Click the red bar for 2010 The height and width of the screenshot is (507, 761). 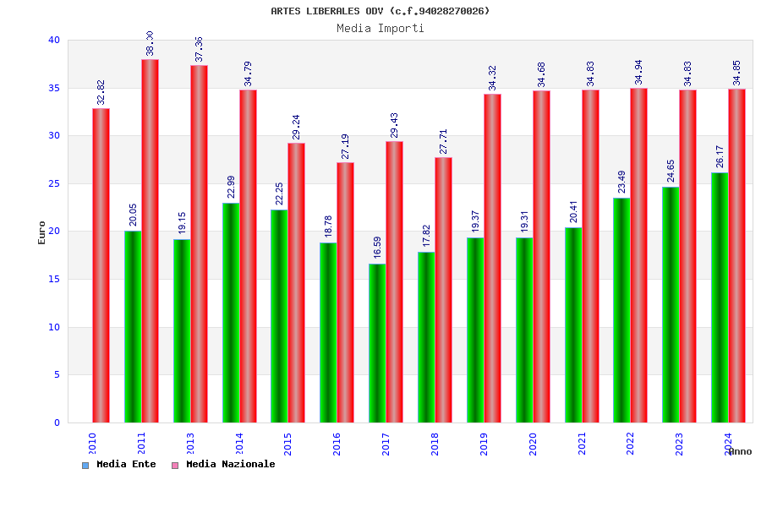click(x=101, y=265)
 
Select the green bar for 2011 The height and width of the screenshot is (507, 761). click(x=133, y=326)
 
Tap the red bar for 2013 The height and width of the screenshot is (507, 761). click(x=199, y=243)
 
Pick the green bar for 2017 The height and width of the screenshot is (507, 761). click(x=377, y=343)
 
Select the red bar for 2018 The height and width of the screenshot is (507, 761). click(x=443, y=290)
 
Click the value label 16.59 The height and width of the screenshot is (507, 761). click(x=377, y=248)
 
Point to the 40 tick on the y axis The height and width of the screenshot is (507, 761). click(x=54, y=40)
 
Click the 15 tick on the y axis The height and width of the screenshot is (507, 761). click(x=54, y=279)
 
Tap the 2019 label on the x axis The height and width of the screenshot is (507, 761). click(x=485, y=444)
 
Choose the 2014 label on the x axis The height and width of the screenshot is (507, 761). click(x=239, y=444)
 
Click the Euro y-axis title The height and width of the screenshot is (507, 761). click(x=42, y=232)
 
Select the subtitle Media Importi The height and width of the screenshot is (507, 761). click(x=380, y=28)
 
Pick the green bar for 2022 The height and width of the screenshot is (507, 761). click(x=621, y=310)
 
